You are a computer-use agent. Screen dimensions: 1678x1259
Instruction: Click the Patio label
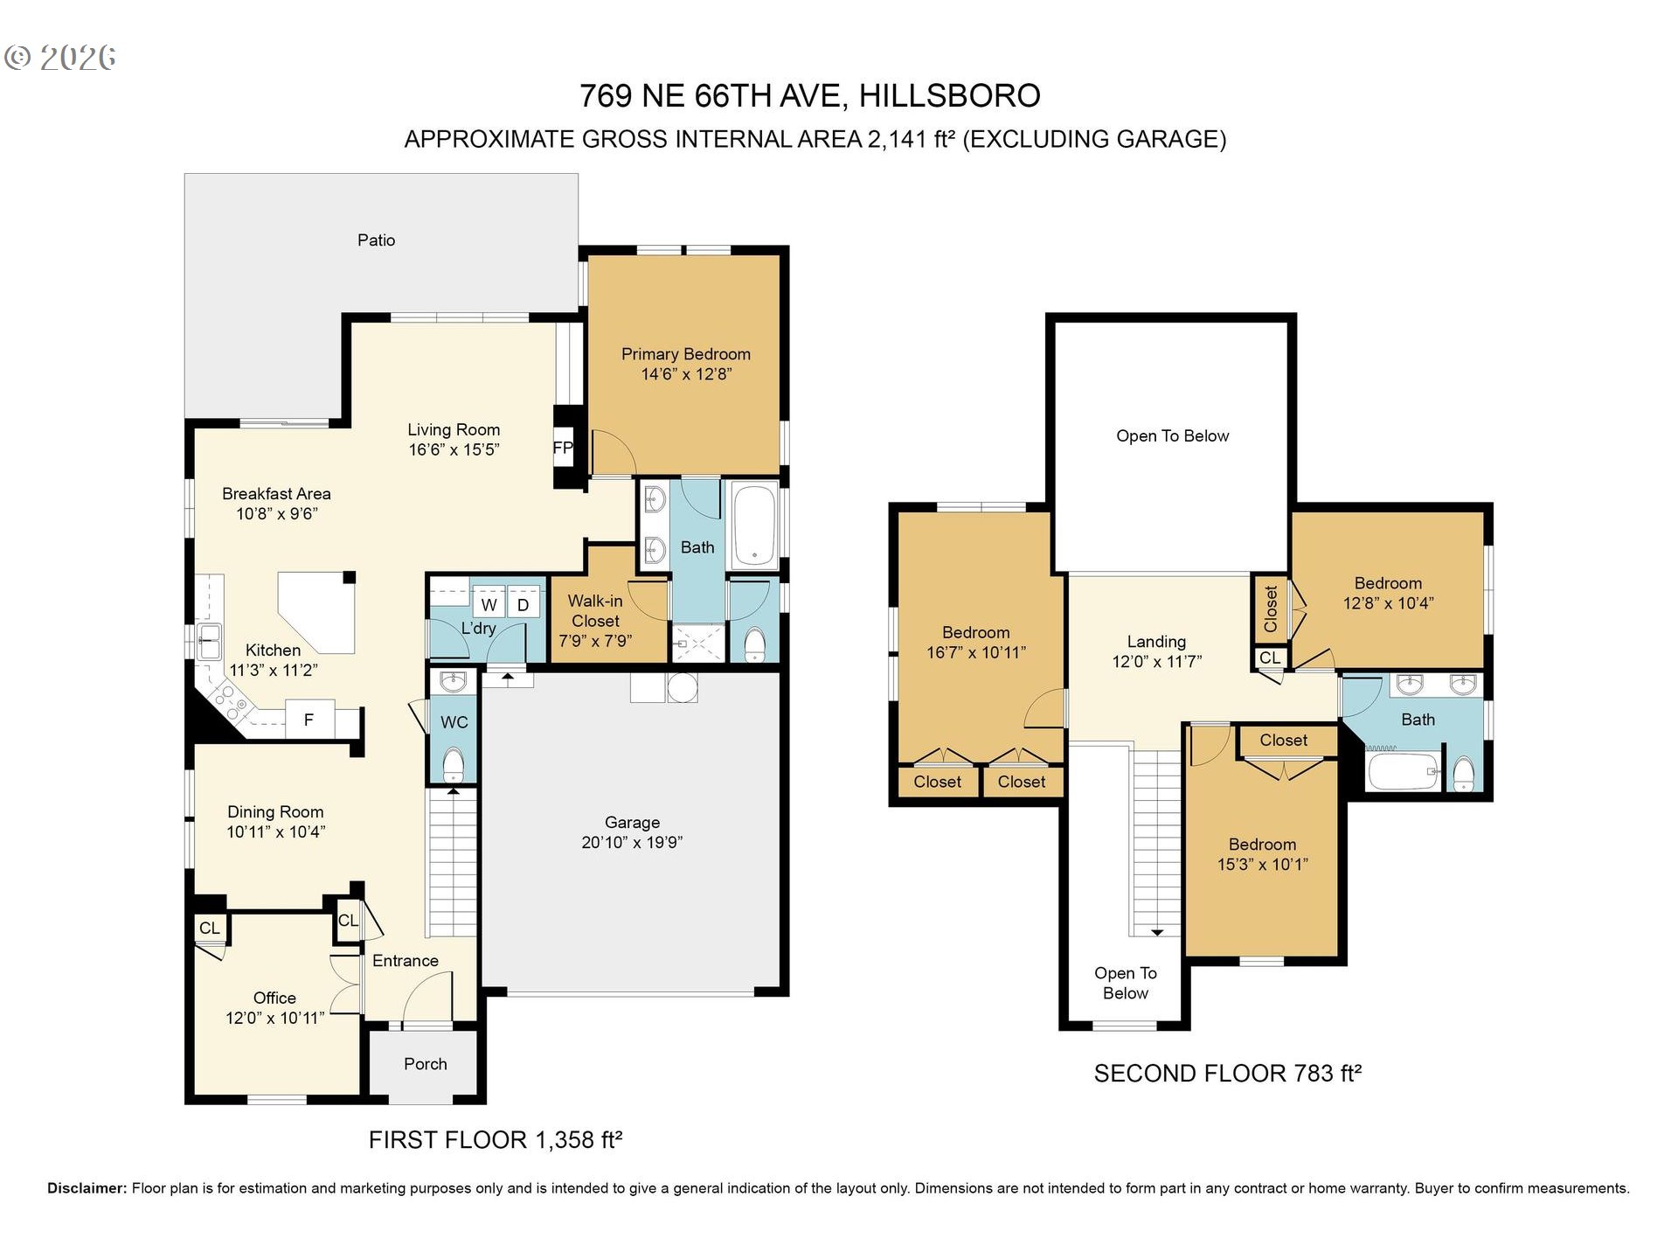click(x=376, y=240)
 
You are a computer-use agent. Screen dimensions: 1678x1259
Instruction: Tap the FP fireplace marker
click(x=563, y=448)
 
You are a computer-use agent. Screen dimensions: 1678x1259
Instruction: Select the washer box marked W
click(x=489, y=604)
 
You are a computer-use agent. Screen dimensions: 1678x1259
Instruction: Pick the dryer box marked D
click(x=524, y=604)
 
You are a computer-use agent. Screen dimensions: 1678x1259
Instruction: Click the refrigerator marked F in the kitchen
click(x=309, y=720)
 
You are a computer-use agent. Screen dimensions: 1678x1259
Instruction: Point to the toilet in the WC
click(x=453, y=764)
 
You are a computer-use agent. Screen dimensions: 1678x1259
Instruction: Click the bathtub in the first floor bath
click(x=754, y=525)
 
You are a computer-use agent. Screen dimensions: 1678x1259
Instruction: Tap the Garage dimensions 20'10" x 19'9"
click(x=632, y=842)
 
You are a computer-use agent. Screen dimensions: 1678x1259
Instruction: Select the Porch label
click(x=426, y=1064)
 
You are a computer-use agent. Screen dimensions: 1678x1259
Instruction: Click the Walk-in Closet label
click(x=595, y=610)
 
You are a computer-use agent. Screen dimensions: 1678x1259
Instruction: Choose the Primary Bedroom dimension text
click(x=686, y=374)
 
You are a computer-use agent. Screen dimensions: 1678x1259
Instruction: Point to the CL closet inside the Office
click(x=210, y=929)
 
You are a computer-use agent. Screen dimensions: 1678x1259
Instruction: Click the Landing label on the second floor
click(x=1156, y=642)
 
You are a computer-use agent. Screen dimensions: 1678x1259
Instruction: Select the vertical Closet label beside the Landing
click(x=1271, y=609)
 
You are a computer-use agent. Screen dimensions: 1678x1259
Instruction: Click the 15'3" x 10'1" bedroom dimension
click(x=1263, y=865)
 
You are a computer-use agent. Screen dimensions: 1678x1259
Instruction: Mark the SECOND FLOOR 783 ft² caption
click(x=1228, y=1074)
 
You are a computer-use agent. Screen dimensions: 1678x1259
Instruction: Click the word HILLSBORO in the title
click(x=950, y=95)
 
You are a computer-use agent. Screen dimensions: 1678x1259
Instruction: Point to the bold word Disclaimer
click(x=87, y=1188)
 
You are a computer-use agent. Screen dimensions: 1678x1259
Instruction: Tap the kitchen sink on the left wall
click(x=209, y=643)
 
